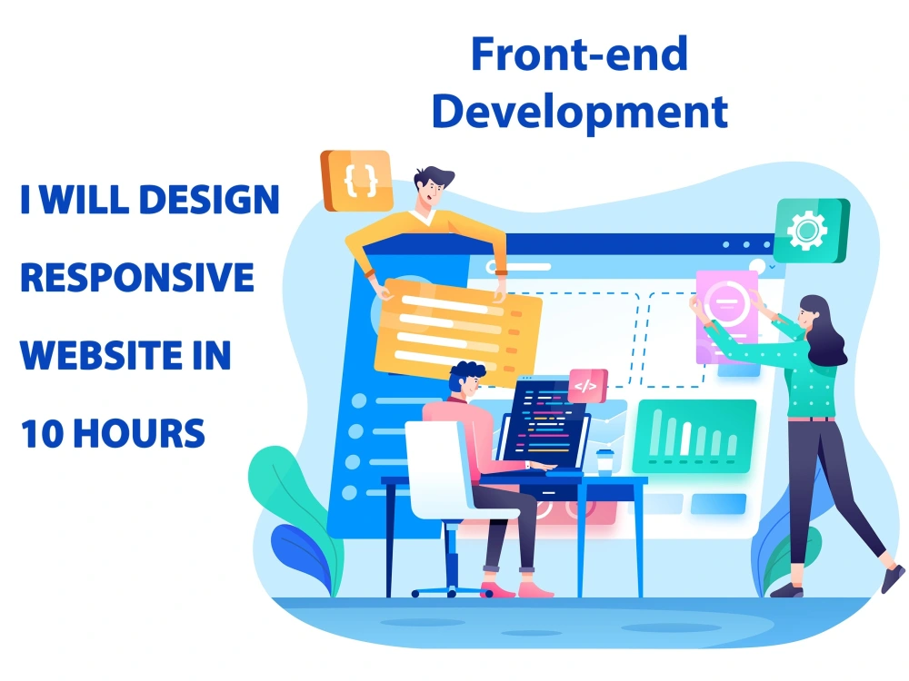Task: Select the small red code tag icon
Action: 584,386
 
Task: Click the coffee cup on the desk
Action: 604,460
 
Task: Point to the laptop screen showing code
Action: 544,422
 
